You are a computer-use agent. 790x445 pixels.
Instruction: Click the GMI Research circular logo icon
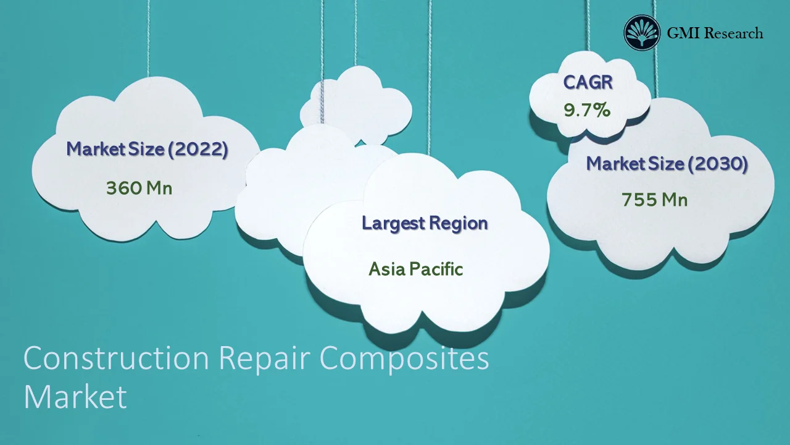pyautogui.click(x=642, y=33)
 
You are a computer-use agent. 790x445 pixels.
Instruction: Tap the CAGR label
pyautogui.click(x=588, y=82)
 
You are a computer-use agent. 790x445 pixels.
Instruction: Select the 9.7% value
pyautogui.click(x=587, y=111)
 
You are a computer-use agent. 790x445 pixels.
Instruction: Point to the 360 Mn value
pyautogui.click(x=139, y=187)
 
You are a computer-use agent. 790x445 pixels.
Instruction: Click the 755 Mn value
pyautogui.click(x=654, y=200)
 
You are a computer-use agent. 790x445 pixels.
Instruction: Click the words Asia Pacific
pyautogui.click(x=415, y=269)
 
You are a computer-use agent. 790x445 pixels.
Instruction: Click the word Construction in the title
pyautogui.click(x=117, y=359)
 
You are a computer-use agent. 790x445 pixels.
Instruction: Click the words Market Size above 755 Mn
pyautogui.click(x=635, y=164)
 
